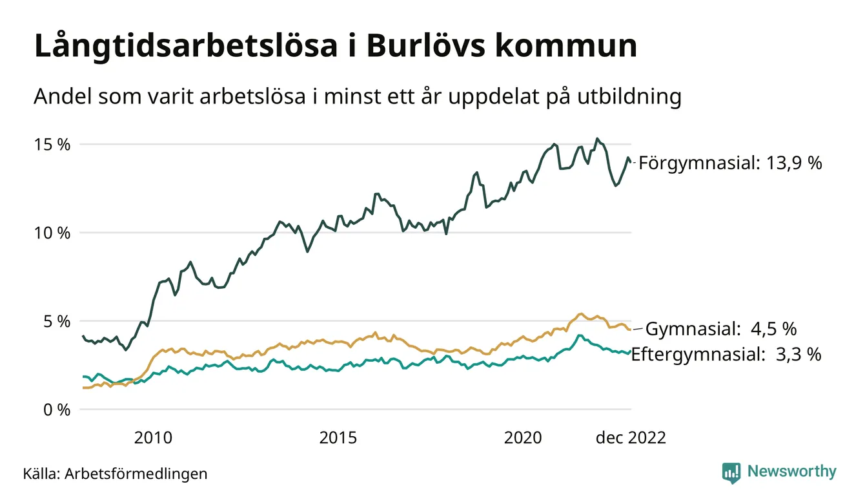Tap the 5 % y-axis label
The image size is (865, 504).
(57, 321)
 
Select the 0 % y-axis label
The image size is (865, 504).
(57, 410)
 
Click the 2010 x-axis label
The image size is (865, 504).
(153, 438)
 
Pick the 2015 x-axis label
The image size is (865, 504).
(338, 438)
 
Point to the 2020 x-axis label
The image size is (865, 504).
(523, 438)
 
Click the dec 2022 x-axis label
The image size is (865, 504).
(630, 438)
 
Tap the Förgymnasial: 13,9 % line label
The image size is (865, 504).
(730, 163)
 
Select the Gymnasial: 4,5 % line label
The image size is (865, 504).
(721, 329)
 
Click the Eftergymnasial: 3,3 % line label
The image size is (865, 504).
(726, 354)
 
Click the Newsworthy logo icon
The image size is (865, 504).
(731, 472)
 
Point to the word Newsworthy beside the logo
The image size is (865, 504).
(791, 472)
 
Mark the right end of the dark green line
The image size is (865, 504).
(631, 162)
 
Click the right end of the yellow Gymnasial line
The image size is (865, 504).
(630, 330)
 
